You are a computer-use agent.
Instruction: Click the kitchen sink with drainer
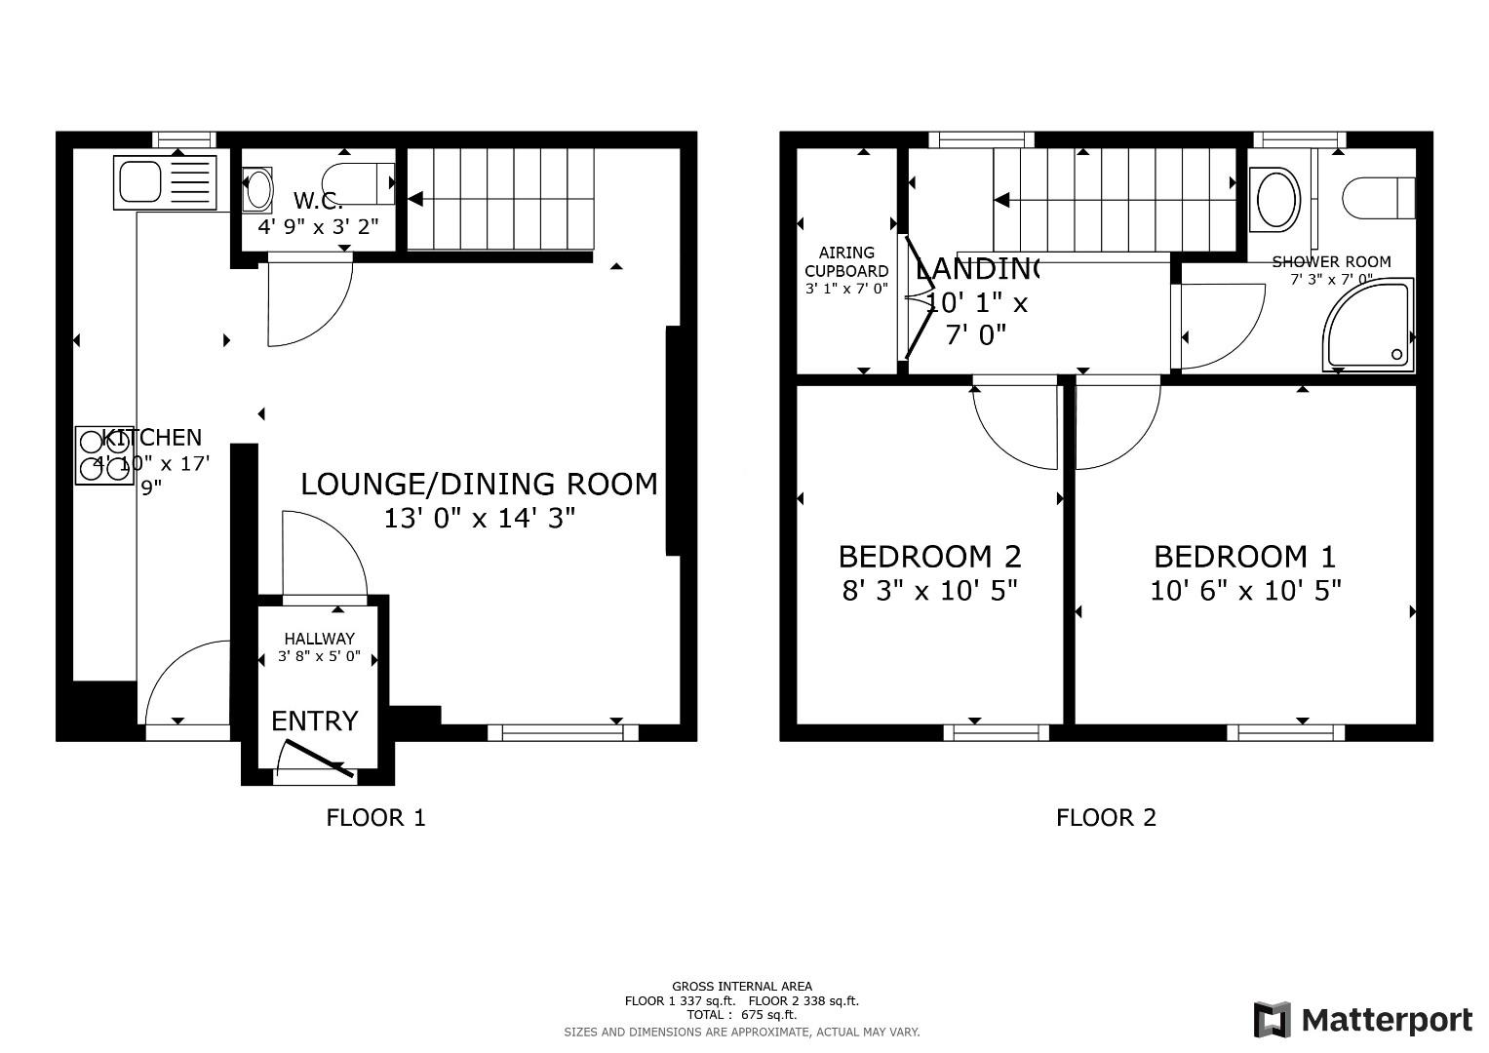(x=164, y=182)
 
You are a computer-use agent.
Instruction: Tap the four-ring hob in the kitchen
(x=104, y=455)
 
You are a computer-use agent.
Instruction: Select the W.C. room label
(x=318, y=202)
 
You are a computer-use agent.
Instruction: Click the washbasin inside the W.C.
(x=257, y=189)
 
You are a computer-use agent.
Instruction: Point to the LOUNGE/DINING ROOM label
(x=478, y=485)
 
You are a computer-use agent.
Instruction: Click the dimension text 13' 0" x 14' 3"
(x=478, y=518)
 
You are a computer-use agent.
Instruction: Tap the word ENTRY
(x=314, y=721)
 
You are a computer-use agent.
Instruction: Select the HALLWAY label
(x=319, y=639)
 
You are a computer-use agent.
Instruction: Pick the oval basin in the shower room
(x=1276, y=200)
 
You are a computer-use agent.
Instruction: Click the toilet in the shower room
(x=1378, y=198)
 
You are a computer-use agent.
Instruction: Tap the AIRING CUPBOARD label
(x=845, y=261)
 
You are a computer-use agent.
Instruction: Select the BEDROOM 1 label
(x=1244, y=557)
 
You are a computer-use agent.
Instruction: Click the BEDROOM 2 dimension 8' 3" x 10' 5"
(x=929, y=591)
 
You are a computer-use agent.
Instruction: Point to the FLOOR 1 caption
(x=375, y=817)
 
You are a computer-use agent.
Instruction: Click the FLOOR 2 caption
(x=1106, y=817)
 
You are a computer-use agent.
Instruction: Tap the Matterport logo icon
(x=1273, y=1020)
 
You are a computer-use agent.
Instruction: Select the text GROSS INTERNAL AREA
(x=741, y=987)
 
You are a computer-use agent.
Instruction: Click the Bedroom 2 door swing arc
(x=1014, y=429)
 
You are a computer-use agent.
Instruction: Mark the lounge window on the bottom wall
(x=563, y=732)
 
